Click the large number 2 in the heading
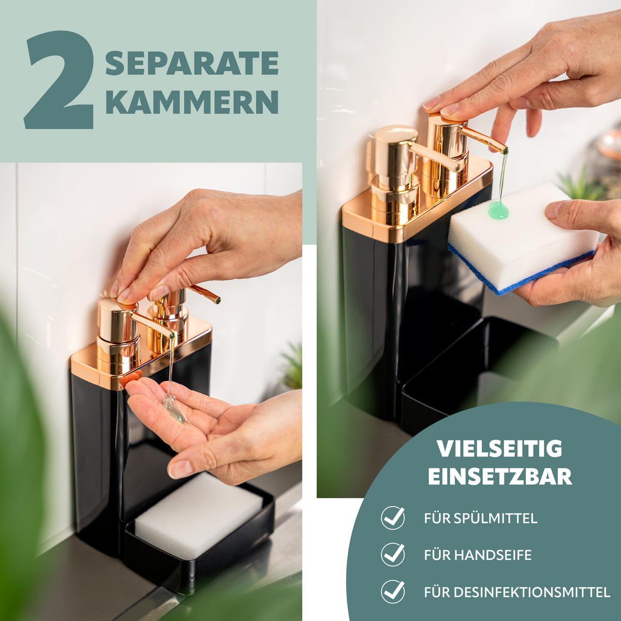point(60,80)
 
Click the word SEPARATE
point(192,63)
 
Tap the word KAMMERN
point(192,101)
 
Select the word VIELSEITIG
point(499,449)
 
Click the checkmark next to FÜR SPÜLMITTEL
point(393,518)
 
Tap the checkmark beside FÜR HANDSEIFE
point(393,554)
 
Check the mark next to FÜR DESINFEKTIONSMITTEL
point(393,592)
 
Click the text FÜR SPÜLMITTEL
point(480,518)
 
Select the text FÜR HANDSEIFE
point(478,555)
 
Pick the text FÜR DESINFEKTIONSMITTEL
point(517,592)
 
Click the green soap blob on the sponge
point(499,209)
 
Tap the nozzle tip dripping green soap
point(505,150)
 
